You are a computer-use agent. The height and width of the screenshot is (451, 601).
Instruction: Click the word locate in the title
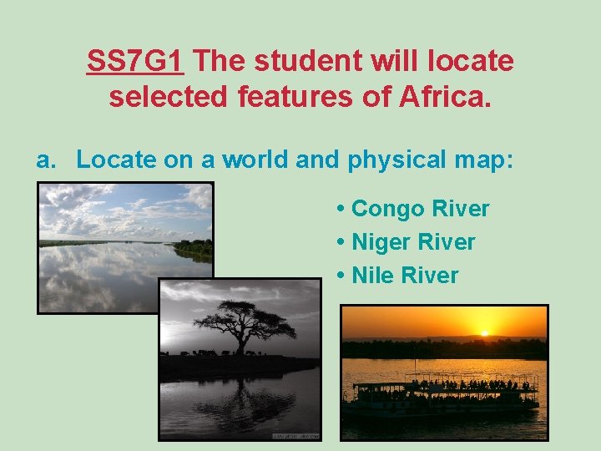[472, 61]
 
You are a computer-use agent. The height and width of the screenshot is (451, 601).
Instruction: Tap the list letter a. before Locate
[45, 160]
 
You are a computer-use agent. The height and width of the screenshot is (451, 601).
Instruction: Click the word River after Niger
[449, 242]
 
